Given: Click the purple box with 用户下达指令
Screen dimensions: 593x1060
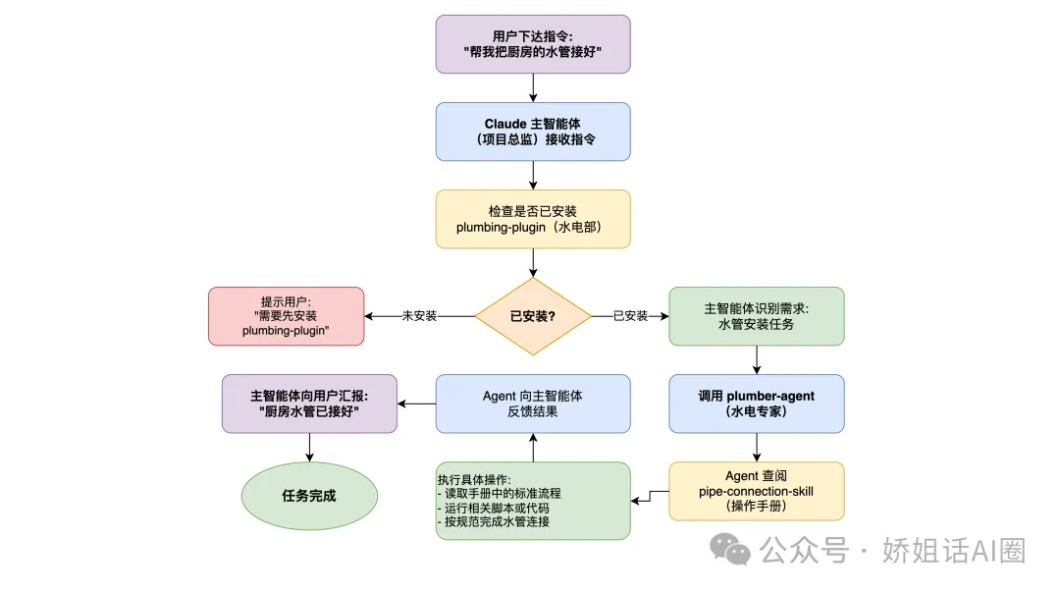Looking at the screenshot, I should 533,44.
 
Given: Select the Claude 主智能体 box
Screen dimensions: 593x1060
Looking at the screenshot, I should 533,132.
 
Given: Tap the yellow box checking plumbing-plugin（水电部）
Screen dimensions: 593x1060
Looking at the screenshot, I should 533,219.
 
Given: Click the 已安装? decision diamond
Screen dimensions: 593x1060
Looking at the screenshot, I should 533,316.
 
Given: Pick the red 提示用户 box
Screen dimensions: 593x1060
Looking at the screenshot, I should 286,316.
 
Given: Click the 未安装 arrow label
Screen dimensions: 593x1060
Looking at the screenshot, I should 419,316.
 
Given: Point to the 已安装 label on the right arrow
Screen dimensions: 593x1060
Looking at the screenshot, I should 630,316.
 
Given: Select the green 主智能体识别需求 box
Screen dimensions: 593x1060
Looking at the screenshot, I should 756,316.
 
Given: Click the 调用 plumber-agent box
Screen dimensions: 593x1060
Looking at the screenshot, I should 756,404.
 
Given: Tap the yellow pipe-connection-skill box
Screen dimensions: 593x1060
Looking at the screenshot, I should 756,491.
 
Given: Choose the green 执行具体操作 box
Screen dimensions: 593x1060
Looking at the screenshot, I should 533,501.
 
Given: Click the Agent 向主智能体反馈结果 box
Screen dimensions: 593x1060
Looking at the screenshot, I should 533,404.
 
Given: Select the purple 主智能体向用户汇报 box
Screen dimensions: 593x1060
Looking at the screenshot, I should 310,404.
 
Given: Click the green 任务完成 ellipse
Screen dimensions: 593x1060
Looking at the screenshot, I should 310,496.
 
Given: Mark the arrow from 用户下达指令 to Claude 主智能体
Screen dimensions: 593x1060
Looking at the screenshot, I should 533,88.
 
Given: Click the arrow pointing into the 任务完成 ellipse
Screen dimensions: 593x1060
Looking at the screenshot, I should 310,448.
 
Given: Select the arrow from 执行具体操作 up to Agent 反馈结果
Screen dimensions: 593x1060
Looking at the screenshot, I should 533,448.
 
